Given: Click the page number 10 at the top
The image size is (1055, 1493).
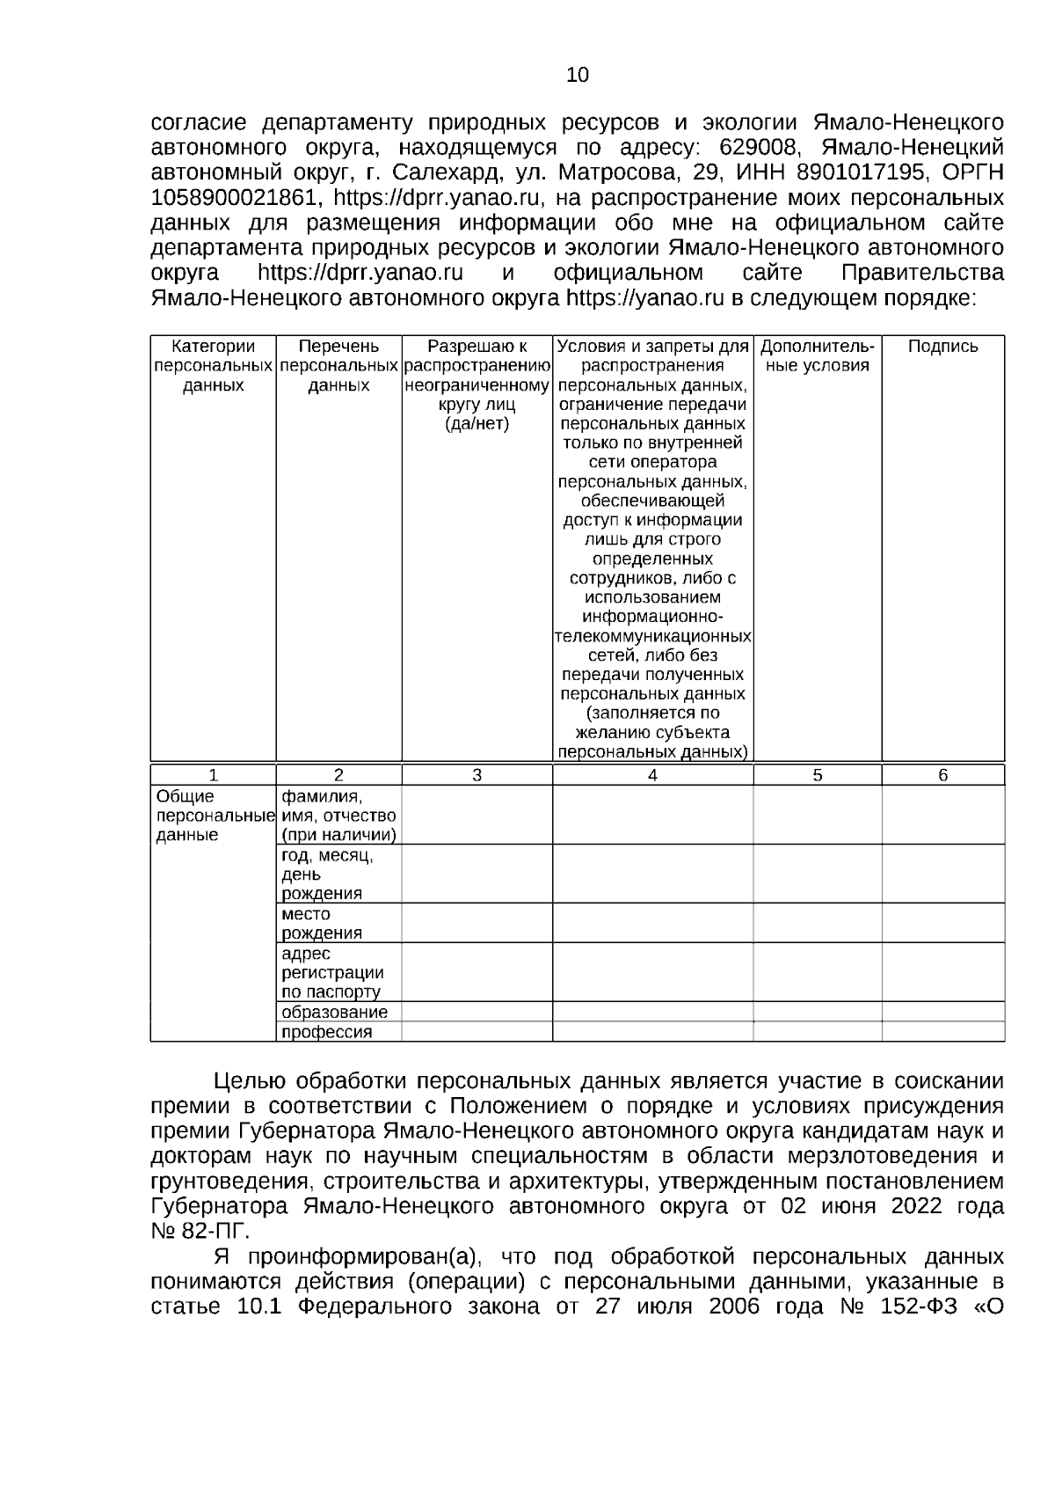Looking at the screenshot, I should click(x=578, y=76).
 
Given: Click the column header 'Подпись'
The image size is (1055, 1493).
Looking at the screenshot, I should click(x=942, y=347).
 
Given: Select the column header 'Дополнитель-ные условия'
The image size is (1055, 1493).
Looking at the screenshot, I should click(x=817, y=355).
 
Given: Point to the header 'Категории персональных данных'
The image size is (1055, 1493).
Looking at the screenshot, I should click(x=213, y=365).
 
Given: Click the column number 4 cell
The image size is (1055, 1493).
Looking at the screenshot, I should click(x=652, y=775).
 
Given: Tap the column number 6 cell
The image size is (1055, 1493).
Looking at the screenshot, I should click(x=942, y=775).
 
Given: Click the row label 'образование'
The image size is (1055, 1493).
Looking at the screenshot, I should click(x=334, y=1012).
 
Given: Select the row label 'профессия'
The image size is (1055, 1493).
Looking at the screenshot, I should click(x=326, y=1032).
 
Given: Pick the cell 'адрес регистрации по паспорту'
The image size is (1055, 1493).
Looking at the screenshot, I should click(x=332, y=972).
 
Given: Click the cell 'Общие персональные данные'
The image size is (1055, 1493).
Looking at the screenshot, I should click(x=212, y=816).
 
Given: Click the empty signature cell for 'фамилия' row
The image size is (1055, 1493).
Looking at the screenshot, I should click(x=942, y=815).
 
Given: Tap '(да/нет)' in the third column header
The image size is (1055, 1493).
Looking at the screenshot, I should click(x=477, y=424).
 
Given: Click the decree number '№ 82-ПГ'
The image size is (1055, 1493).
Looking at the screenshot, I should click(x=200, y=1229).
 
